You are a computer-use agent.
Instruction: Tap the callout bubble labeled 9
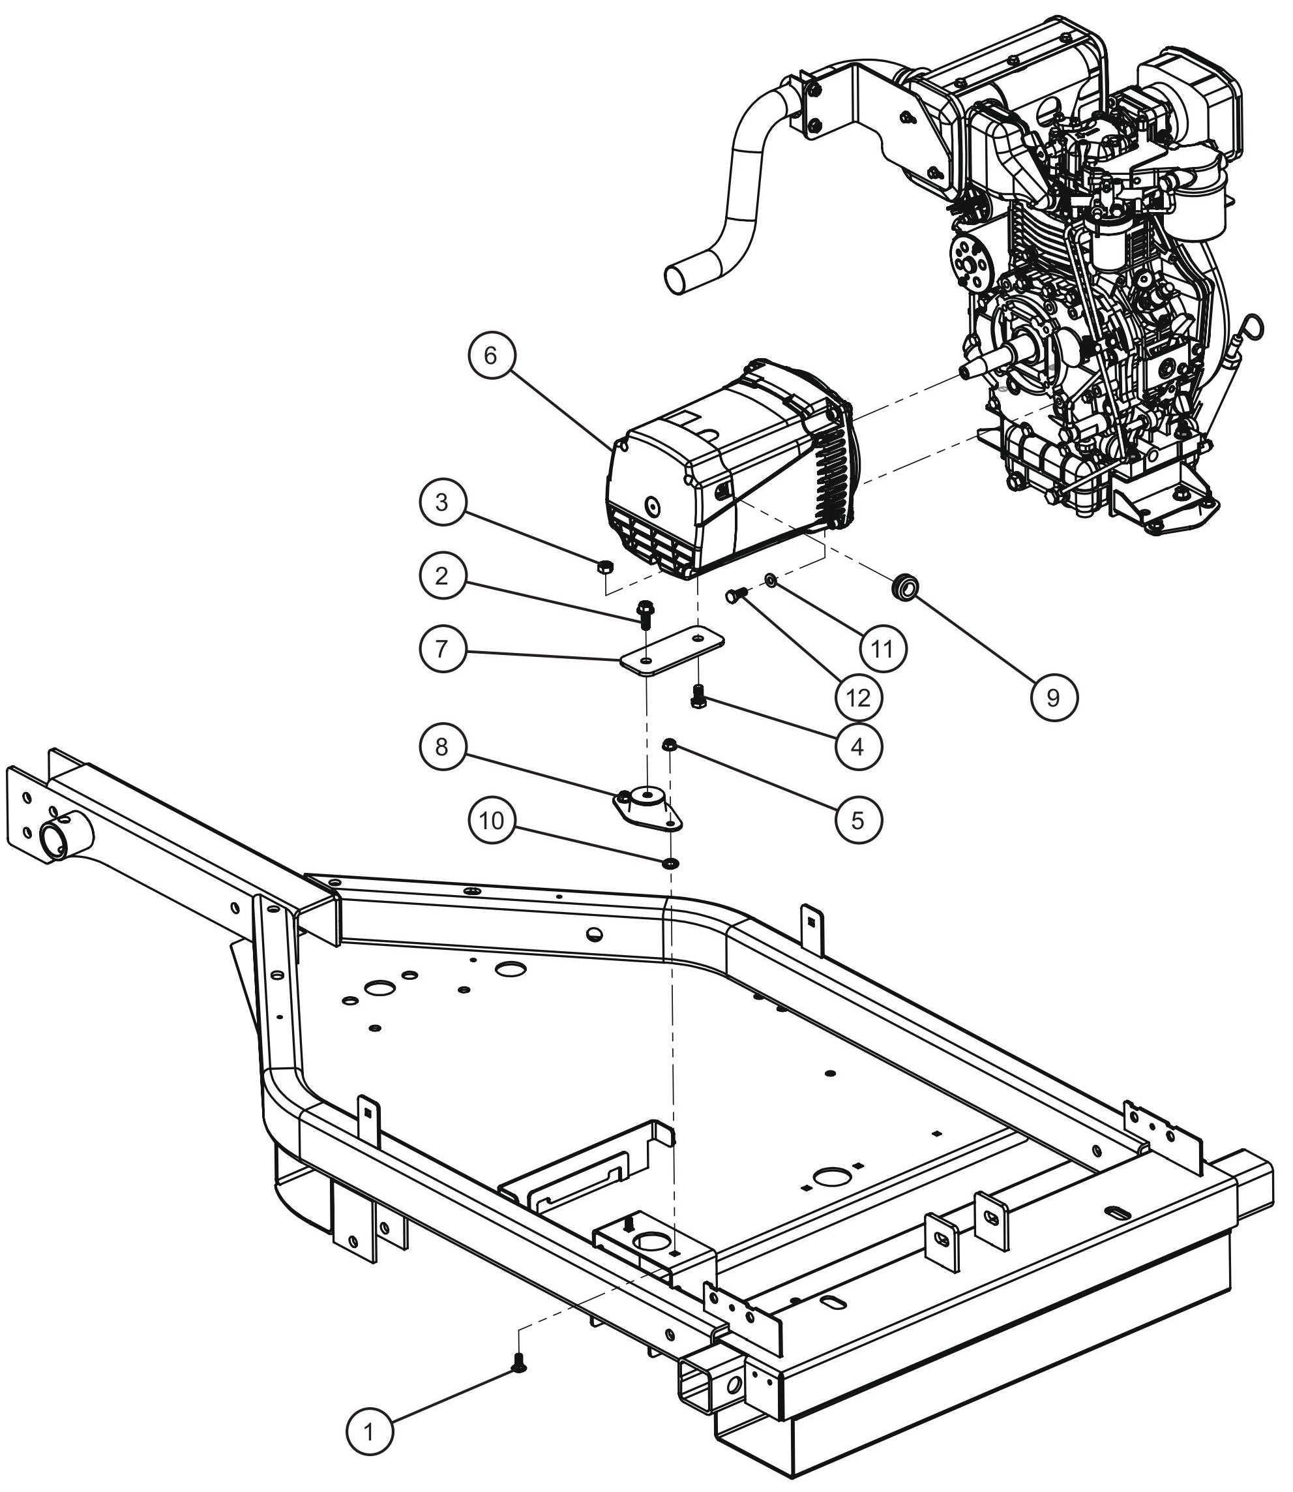[x=1053, y=697]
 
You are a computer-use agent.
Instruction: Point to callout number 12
[x=858, y=697]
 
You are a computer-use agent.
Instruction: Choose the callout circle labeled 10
[x=492, y=821]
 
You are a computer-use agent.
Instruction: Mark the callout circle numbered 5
[x=858, y=820]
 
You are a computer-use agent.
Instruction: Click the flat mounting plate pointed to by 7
[x=672, y=650]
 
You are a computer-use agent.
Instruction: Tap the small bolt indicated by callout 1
[x=518, y=1362]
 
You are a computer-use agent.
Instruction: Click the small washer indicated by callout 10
[x=671, y=862]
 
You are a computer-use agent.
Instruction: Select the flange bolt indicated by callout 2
[x=645, y=613]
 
